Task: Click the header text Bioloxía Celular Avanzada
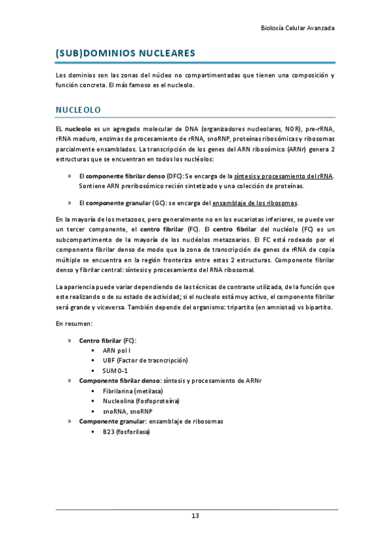(298, 29)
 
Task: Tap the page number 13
(195, 516)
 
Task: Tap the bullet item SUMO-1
(115, 370)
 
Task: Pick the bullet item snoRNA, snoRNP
(127, 411)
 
